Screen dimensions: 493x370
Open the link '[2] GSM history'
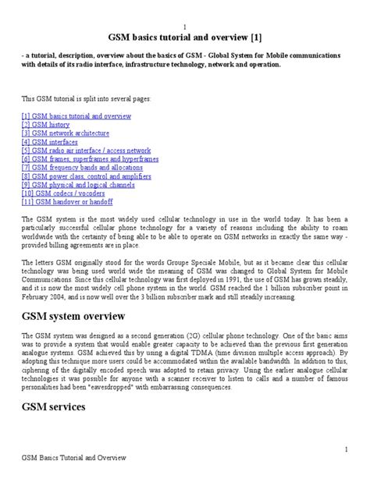[46, 124]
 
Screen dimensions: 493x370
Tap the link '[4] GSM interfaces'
[50, 141]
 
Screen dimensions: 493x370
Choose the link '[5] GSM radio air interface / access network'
[87, 150]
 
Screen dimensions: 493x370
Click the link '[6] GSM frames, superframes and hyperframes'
[90, 158]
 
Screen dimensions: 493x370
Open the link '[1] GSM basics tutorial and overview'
[75, 115]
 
